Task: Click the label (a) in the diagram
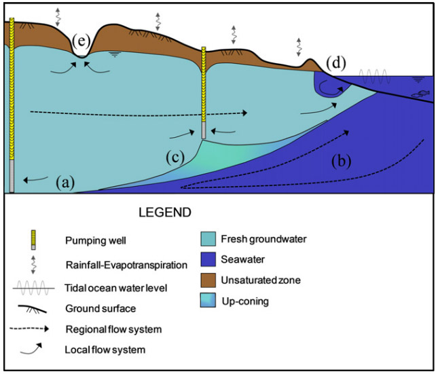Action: click(x=65, y=181)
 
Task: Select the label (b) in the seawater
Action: click(x=344, y=161)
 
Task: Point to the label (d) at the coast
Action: click(x=336, y=64)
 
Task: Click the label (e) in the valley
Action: click(x=81, y=42)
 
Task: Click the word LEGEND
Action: click(x=166, y=212)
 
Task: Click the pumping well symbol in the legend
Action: click(x=34, y=238)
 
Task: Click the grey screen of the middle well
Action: click(x=204, y=130)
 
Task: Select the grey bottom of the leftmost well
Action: click(x=10, y=176)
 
